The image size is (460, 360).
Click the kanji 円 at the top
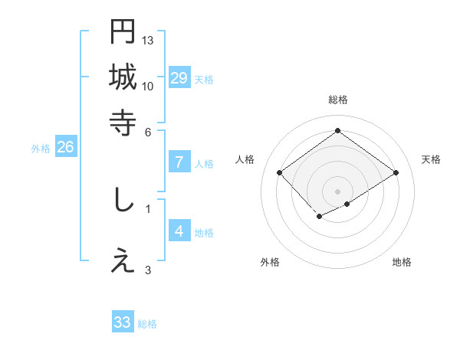[x=123, y=31]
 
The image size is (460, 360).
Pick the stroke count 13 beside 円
[x=148, y=40]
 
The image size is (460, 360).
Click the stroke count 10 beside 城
[x=148, y=85]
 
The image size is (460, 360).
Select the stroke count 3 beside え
[x=148, y=270]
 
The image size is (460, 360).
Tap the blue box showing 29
[x=179, y=78]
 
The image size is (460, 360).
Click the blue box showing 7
[x=179, y=162]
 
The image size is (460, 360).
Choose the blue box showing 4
[x=179, y=231]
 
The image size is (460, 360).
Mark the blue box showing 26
[x=65, y=148]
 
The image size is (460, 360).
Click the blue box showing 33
[x=123, y=322]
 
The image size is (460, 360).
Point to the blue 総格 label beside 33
[x=147, y=324]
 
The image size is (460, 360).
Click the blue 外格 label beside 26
[x=41, y=149]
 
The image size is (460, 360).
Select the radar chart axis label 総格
[x=337, y=100]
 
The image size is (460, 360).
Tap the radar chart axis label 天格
[x=431, y=159]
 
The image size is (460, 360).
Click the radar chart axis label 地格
[x=402, y=262]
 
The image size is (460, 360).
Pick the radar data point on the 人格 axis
[x=280, y=173]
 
